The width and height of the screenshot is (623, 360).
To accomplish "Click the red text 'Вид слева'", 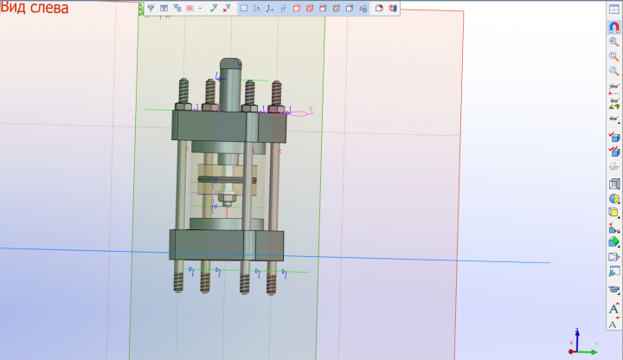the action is (34, 8).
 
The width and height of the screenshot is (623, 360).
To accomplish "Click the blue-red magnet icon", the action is (613, 27).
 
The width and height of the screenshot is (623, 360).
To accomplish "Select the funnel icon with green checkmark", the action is (214, 9).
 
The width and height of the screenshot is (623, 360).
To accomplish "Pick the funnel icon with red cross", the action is (227, 9).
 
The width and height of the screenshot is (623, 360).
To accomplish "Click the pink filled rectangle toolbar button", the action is (189, 9).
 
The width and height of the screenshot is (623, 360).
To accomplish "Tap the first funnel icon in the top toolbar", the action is (151, 9).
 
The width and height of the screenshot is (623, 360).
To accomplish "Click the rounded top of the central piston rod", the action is (230, 63).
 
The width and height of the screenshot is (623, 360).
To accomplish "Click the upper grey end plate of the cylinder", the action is (228, 126).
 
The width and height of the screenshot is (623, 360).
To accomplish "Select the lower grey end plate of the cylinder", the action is (227, 245).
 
